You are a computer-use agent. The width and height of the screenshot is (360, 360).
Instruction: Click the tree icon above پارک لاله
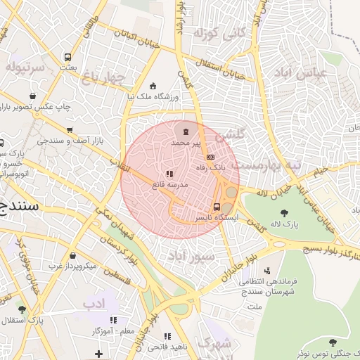284,213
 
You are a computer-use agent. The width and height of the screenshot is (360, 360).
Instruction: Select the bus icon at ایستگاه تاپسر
217,207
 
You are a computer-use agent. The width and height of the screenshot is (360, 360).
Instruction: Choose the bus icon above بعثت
67,57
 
